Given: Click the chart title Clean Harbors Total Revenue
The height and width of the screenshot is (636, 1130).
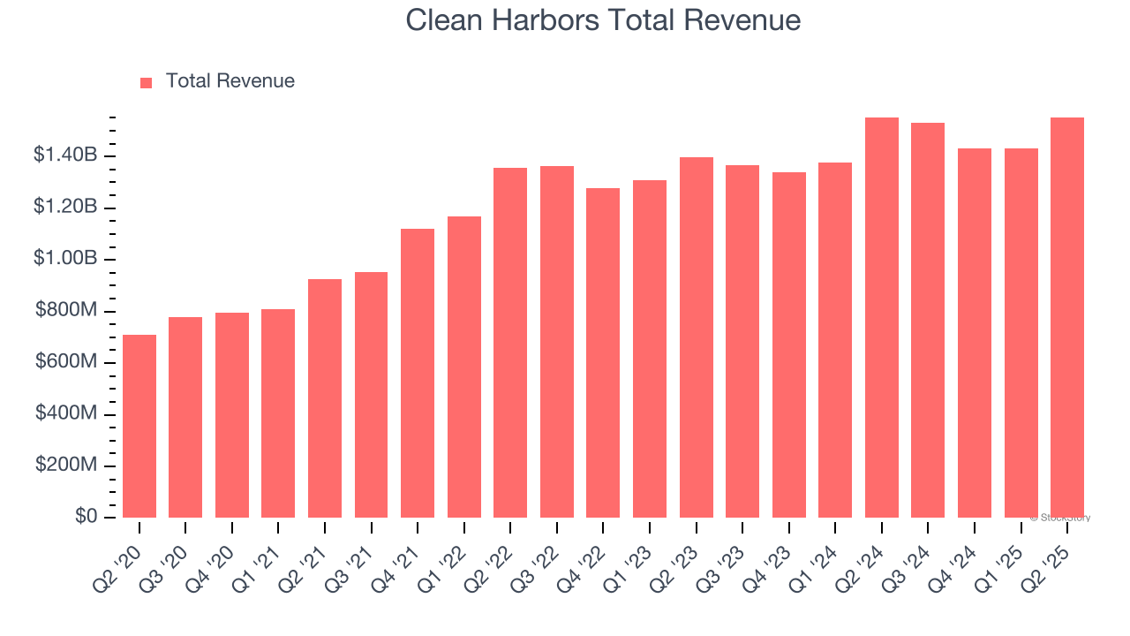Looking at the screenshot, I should click(x=603, y=20).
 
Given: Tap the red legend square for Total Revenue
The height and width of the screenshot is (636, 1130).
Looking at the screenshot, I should click(x=147, y=82).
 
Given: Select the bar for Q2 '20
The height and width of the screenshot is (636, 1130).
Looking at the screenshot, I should click(x=139, y=426).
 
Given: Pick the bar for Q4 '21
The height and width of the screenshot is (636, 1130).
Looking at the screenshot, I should click(x=418, y=373).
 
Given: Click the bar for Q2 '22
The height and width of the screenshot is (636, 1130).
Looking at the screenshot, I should click(x=510, y=343).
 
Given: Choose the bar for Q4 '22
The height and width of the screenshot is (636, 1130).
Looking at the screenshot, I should click(x=603, y=352).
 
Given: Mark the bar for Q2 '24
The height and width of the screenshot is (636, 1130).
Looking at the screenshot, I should click(x=882, y=317).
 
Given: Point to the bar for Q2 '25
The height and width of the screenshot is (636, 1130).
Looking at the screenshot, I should click(x=1067, y=317).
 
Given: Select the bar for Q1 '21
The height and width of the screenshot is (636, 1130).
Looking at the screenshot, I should click(x=278, y=413).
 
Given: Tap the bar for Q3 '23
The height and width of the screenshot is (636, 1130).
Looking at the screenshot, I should click(x=742, y=341).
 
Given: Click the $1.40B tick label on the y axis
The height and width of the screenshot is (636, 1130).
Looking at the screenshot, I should click(x=65, y=155).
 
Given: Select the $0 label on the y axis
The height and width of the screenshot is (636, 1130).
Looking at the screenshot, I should click(x=86, y=517).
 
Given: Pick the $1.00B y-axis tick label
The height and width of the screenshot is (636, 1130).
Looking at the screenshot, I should click(x=65, y=259).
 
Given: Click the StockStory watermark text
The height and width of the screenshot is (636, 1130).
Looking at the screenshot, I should click(x=1060, y=518).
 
